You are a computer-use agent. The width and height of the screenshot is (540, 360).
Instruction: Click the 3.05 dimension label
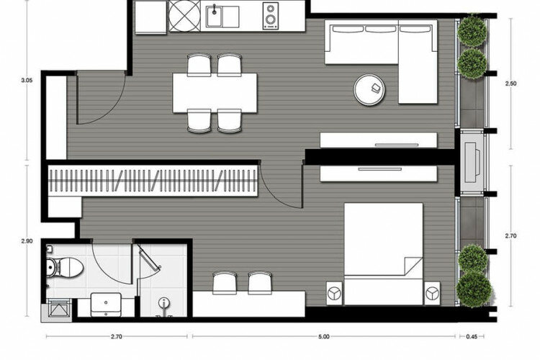27,80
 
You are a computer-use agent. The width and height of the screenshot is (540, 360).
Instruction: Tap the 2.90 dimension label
27,241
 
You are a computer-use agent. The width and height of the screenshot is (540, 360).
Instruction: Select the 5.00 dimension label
324,336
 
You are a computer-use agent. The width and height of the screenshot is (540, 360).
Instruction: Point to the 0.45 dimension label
472,336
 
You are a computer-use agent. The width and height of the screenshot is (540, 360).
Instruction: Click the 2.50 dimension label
510,84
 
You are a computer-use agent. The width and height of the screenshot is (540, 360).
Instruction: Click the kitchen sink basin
215,16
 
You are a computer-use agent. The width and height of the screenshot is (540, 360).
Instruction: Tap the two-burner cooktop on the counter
271,16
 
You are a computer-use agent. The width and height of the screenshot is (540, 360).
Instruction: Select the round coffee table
369,89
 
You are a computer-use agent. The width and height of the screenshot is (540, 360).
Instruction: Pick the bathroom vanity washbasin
106,305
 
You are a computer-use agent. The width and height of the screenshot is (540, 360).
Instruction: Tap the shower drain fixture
164,303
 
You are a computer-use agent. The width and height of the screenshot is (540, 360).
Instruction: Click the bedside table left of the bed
334,293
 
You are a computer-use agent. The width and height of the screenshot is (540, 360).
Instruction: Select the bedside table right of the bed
432,293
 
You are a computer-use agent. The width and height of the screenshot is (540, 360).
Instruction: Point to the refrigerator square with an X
184,16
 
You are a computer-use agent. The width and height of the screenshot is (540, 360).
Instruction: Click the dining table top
215,93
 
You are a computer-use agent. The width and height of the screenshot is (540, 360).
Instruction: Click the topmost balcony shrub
472,30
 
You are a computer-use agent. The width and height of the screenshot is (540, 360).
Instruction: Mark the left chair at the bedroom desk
225,283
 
